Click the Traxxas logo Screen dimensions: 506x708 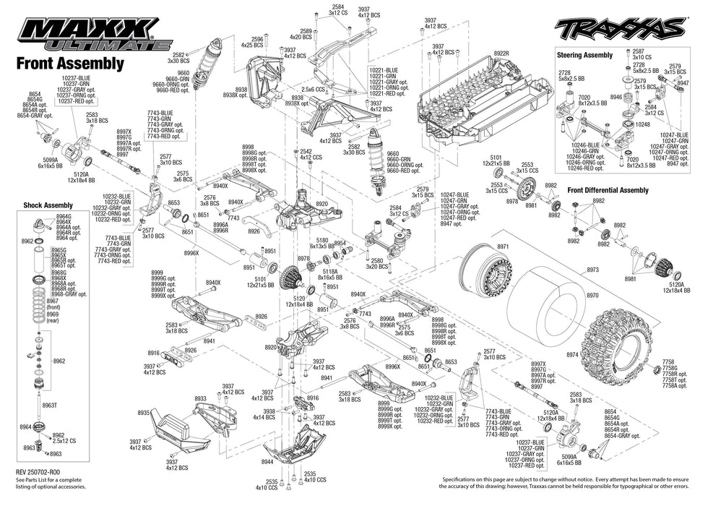pyautogui.click(x=619, y=29)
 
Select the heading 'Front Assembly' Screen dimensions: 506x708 pyautogui.click(x=69, y=64)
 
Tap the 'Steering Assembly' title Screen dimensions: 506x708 pyautogui.click(x=584, y=55)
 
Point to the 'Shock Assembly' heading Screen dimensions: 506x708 pyautogui.click(x=48, y=205)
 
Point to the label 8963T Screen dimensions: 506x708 pyautogui.click(x=49, y=406)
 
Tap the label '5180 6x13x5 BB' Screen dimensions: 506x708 pyautogui.click(x=321, y=243)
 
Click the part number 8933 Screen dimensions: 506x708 pyautogui.click(x=201, y=398)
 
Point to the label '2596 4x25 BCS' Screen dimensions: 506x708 pyautogui.click(x=256, y=42)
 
